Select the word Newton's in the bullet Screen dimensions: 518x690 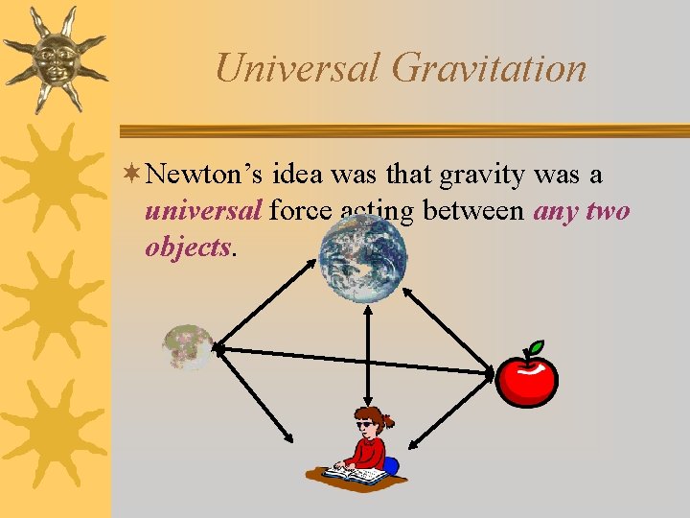pyautogui.click(x=207, y=176)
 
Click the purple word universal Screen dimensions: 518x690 pyautogui.click(x=203, y=210)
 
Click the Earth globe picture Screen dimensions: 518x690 pyautogui.click(x=363, y=258)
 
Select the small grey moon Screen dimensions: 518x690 pyautogui.click(x=188, y=347)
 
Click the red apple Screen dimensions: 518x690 pyautogui.click(x=526, y=381)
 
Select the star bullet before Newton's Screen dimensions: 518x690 pyautogui.click(x=133, y=176)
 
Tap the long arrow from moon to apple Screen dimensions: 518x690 pyautogui.click(x=355, y=361)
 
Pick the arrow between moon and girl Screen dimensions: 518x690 pyautogui.click(x=253, y=394)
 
